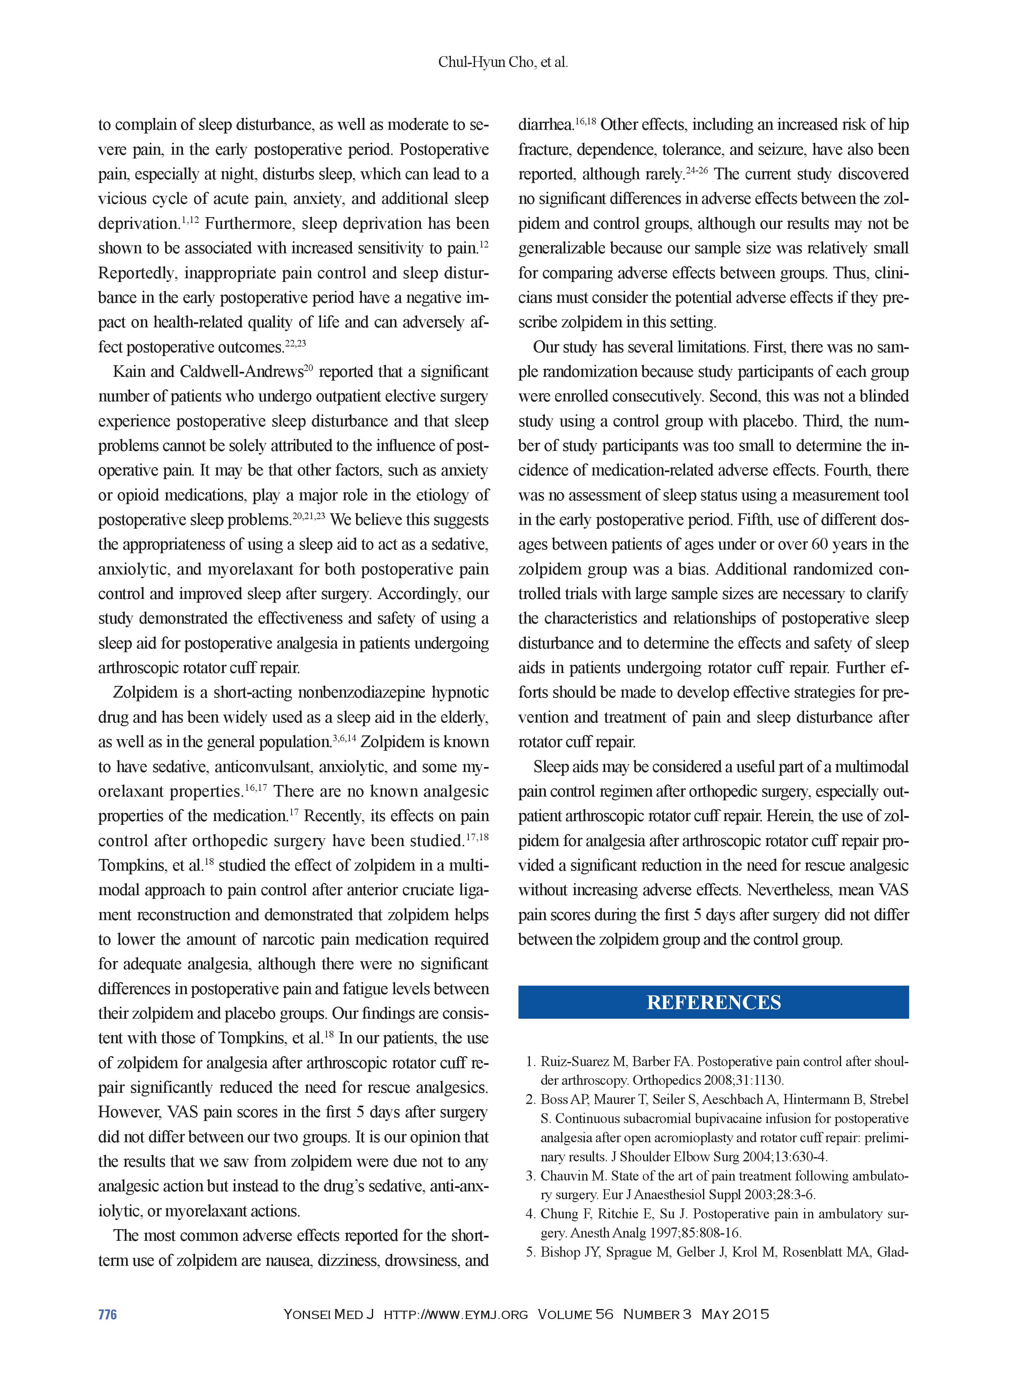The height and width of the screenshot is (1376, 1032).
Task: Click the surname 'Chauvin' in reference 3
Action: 563,1176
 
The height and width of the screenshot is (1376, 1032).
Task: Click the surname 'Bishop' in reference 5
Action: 560,1252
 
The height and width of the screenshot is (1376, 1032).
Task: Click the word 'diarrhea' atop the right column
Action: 544,125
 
